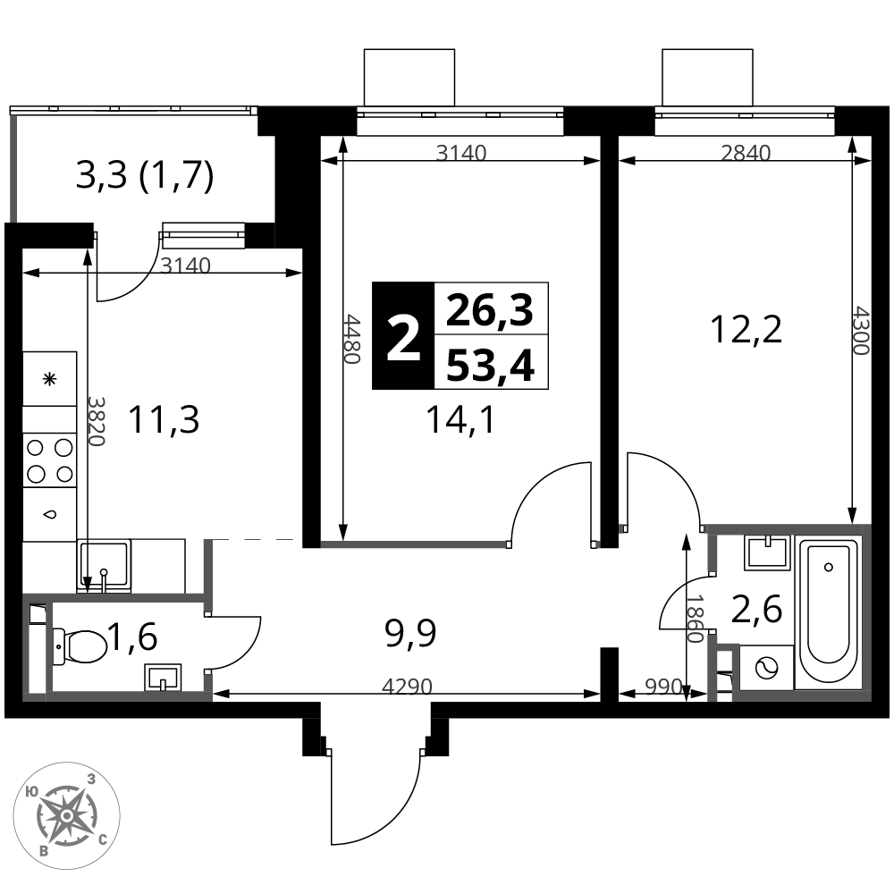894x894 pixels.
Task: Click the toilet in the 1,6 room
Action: tap(80, 646)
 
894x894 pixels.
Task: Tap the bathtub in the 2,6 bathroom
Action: tap(828, 613)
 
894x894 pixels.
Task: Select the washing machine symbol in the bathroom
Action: tap(766, 667)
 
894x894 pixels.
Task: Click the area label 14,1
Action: tap(460, 420)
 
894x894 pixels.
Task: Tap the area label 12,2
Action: tap(746, 329)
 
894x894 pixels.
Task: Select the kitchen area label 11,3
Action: tap(164, 419)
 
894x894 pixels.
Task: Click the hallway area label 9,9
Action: tap(410, 634)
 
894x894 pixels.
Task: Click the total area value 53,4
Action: tap(490, 365)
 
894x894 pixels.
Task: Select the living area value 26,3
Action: tap(490, 311)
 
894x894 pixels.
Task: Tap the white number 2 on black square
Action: tap(403, 339)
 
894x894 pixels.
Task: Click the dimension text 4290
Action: tap(407, 686)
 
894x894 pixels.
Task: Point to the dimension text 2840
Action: tap(746, 153)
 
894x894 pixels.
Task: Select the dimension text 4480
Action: tap(351, 339)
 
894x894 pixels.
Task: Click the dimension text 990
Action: tap(663, 686)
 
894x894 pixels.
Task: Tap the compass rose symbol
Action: tap(67, 816)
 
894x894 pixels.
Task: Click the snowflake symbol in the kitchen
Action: tap(50, 378)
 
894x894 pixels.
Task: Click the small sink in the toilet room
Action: tap(163, 677)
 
